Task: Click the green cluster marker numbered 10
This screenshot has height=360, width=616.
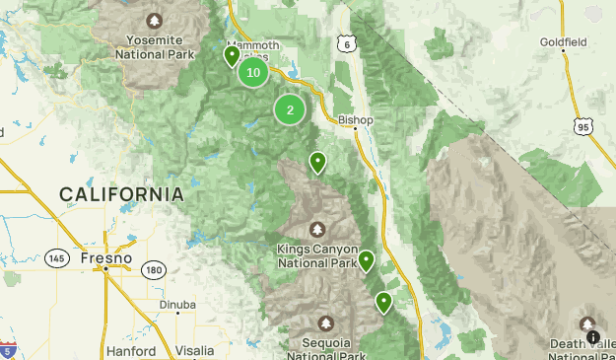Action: coord(253,72)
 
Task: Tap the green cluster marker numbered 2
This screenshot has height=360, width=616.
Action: coord(290,109)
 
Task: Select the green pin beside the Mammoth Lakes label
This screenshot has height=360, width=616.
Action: coord(233,57)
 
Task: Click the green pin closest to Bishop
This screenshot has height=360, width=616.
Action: coord(317,163)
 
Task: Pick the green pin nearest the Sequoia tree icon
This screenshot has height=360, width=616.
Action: coord(383,302)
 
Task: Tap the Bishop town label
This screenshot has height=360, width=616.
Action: coord(356,120)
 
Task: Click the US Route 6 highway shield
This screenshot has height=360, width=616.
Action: coord(344,45)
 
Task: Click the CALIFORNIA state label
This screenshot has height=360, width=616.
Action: coord(121,194)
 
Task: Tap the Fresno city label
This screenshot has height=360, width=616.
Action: coord(106,258)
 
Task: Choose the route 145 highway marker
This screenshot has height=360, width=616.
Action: coord(57,258)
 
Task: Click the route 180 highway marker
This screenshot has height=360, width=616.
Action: coord(153,270)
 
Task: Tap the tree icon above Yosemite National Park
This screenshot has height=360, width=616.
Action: coord(154,20)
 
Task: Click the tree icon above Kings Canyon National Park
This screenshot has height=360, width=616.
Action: coord(317,229)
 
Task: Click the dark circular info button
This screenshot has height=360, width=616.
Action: coord(593,337)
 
